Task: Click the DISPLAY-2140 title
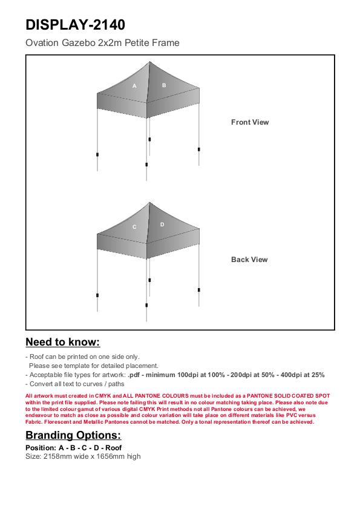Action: [75, 25]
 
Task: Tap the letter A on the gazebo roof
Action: [134, 86]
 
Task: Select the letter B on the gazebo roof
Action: [164, 85]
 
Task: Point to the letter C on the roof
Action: [134, 227]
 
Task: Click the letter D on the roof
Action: [162, 225]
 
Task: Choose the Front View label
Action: [250, 122]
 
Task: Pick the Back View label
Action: [249, 260]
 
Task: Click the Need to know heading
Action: [63, 342]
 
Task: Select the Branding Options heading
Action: [73, 435]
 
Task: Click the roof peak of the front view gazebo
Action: [149, 62]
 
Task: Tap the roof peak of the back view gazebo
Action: [149, 203]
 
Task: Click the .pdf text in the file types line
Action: [134, 375]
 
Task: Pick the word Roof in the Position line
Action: [113, 448]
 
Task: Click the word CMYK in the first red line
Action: [103, 396]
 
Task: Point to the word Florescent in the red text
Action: [58, 422]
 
